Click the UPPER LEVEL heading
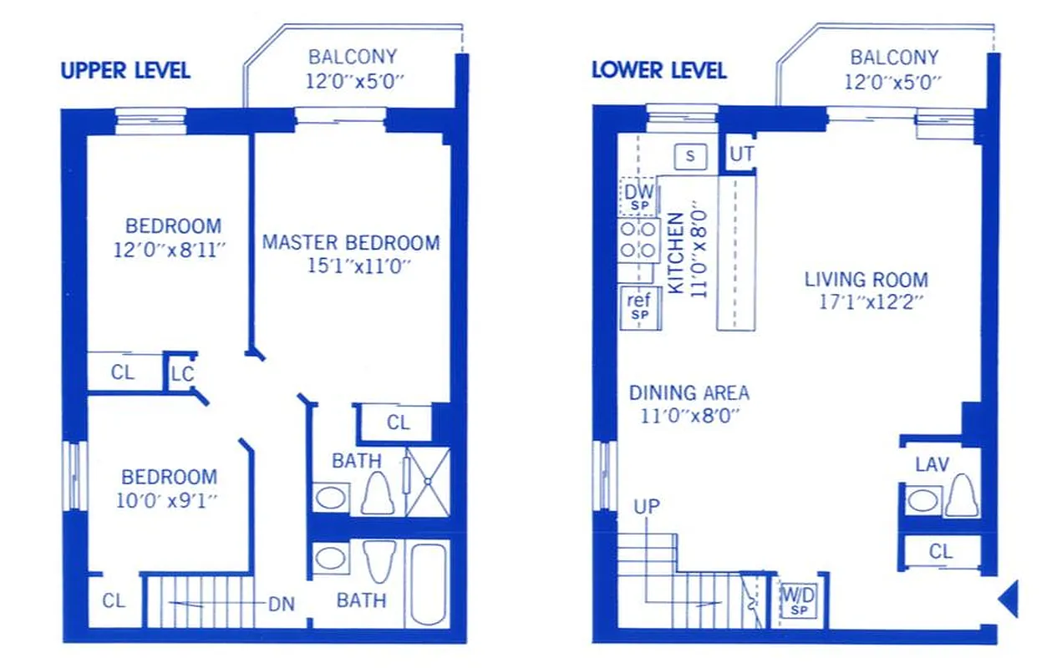click(125, 70)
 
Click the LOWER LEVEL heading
click(658, 70)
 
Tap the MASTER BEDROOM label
click(350, 243)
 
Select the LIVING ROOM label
click(866, 280)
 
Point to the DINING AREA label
click(689, 392)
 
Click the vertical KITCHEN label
click(676, 253)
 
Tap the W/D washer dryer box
click(798, 600)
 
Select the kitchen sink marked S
click(690, 155)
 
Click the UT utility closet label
click(741, 154)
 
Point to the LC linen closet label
click(182, 373)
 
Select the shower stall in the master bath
click(428, 481)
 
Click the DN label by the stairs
click(282, 604)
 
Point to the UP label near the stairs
click(647, 506)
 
